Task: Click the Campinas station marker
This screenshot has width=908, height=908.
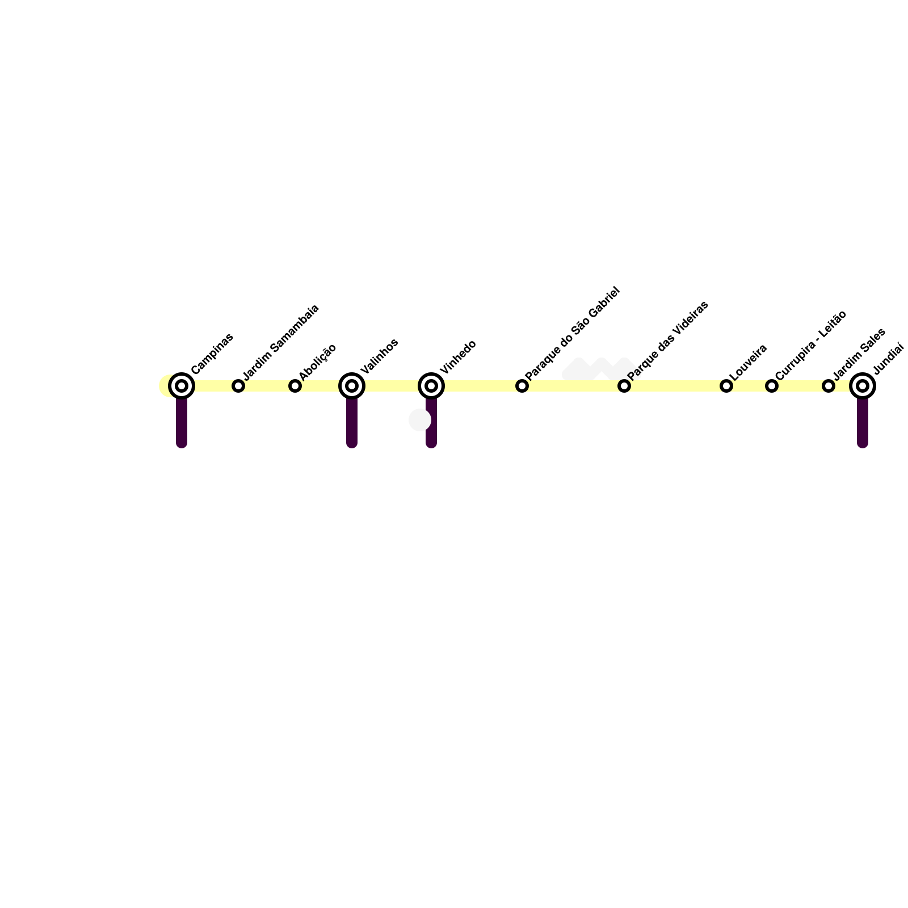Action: click(182, 386)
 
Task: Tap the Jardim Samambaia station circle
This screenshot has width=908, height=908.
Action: click(238, 386)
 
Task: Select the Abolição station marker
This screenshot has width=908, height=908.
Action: click(295, 386)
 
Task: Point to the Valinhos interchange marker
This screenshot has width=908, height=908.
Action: click(352, 386)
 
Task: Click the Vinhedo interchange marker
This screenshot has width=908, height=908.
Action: click(431, 386)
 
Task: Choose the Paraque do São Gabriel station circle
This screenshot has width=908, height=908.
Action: click(522, 386)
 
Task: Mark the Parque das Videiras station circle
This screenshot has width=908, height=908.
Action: click(624, 386)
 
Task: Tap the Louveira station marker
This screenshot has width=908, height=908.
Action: click(726, 386)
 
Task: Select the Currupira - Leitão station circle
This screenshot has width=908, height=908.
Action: click(772, 386)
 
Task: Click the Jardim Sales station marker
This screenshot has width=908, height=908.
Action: click(829, 386)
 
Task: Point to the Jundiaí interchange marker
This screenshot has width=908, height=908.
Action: click(863, 386)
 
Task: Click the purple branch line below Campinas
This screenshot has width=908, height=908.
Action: click(182, 423)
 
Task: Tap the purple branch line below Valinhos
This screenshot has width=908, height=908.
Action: click(352, 423)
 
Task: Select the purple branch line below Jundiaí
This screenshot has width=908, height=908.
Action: click(863, 423)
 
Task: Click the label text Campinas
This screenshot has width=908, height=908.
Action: click(212, 354)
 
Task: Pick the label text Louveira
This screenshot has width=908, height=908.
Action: click(749, 362)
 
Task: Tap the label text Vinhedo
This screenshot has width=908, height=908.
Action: click(458, 357)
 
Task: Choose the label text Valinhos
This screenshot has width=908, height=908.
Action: click(379, 356)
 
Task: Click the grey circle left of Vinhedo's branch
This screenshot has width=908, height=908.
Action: click(419, 420)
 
